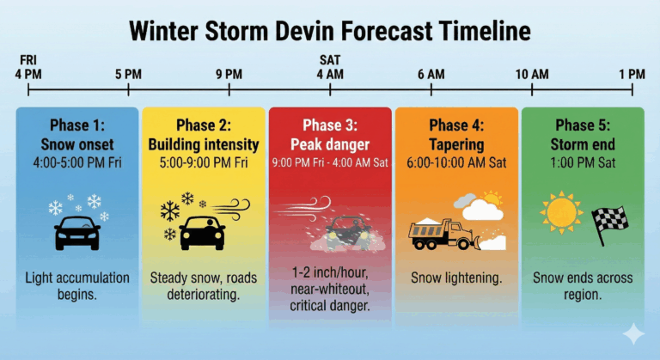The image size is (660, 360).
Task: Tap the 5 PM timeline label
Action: tap(128, 74)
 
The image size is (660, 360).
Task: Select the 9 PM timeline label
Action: tap(229, 74)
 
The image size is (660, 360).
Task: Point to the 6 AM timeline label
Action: tap(431, 74)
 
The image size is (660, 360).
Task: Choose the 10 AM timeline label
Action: tap(532, 74)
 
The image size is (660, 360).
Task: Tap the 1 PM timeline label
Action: tap(632, 74)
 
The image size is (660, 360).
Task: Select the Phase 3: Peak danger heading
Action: tap(330, 134)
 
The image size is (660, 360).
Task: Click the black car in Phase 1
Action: tap(76, 232)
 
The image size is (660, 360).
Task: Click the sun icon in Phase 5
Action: tap(561, 211)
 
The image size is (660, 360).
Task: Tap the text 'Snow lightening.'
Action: tap(455, 278)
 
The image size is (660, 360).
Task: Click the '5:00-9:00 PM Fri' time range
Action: tap(204, 161)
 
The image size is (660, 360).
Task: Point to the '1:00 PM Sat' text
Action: tap(583, 161)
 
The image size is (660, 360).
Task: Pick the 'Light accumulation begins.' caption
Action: tap(76, 286)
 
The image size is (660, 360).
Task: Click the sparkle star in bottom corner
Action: tap(633, 333)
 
